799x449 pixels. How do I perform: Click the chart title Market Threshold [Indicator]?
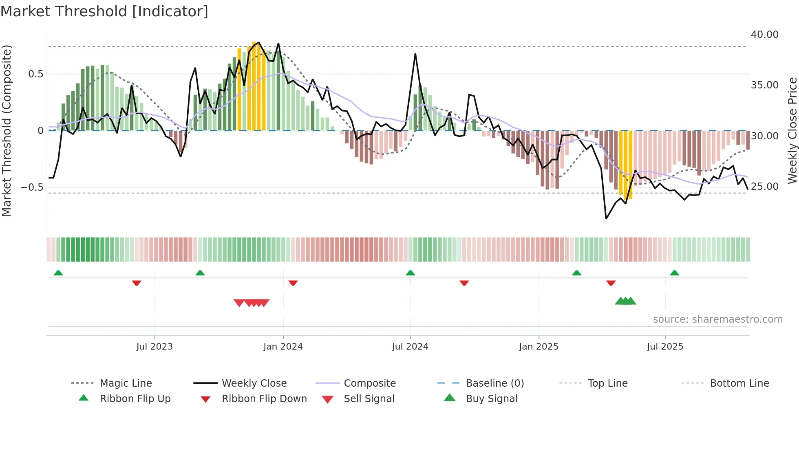pyautogui.click(x=104, y=11)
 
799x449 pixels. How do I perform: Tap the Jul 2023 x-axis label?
pyautogui.click(x=155, y=347)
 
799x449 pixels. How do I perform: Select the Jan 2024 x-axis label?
pyautogui.click(x=283, y=347)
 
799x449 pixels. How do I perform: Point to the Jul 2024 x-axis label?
pyautogui.click(x=410, y=347)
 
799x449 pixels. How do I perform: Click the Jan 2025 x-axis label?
pyautogui.click(x=539, y=347)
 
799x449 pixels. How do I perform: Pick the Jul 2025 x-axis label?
pyautogui.click(x=665, y=347)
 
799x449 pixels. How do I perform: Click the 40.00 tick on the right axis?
pyautogui.click(x=764, y=35)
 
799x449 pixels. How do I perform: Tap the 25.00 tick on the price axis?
pyautogui.click(x=764, y=187)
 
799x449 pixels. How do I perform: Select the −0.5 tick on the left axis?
pyautogui.click(x=32, y=187)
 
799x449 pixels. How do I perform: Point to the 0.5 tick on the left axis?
pyautogui.click(x=35, y=74)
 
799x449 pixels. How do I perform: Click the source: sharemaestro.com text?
pyautogui.click(x=717, y=319)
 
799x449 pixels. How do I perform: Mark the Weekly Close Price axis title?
pyautogui.click(x=792, y=130)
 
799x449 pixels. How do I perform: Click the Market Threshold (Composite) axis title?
pyautogui.click(x=7, y=130)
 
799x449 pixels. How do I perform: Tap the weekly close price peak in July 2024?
pyautogui.click(x=415, y=54)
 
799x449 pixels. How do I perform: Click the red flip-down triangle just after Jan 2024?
pyautogui.click(x=293, y=283)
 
